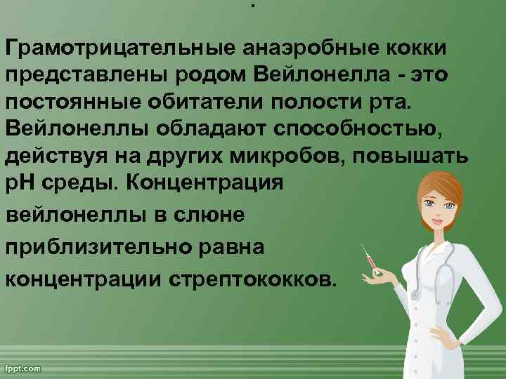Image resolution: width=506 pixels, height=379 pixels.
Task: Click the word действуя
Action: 57,156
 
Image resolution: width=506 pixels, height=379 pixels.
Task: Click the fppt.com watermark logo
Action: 24,368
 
